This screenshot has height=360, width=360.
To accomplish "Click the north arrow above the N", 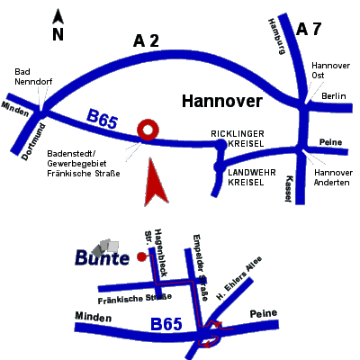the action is pyautogui.click(x=58, y=17).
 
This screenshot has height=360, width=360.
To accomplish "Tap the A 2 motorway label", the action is pyautogui.click(x=146, y=40).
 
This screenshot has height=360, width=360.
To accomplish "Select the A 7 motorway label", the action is pyautogui.click(x=309, y=29).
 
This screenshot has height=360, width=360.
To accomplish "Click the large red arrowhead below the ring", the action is pyautogui.click(x=155, y=183).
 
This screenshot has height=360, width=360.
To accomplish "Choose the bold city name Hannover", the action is pyautogui.click(x=222, y=101).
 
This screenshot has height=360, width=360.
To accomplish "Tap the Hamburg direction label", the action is pyautogui.click(x=276, y=36).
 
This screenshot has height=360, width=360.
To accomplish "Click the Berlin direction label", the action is pyautogui.click(x=334, y=96).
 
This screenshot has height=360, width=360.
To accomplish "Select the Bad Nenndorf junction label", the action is pyautogui.click(x=33, y=76).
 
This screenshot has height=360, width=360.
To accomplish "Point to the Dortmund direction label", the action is pyautogui.click(x=34, y=142).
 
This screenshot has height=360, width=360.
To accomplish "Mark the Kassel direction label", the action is pyautogui.click(x=289, y=189).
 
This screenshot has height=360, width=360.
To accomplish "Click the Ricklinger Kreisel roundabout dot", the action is pyautogui.click(x=221, y=145).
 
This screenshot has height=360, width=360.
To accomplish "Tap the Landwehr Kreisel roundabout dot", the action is pyautogui.click(x=219, y=166).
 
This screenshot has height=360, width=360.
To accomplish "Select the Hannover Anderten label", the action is pyautogui.click(x=333, y=177).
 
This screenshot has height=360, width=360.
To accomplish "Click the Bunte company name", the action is pyautogui.click(x=103, y=258).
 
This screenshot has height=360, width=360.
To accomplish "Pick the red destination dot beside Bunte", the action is pyautogui.click(x=141, y=256).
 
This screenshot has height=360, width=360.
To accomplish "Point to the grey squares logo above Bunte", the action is pyautogui.click(x=105, y=247).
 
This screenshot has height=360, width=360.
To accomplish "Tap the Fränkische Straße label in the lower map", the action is pyautogui.click(x=135, y=299).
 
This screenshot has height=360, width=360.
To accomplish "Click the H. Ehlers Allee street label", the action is pyautogui.click(x=238, y=278).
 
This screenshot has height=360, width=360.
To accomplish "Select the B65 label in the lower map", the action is pyautogui.click(x=166, y=325).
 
